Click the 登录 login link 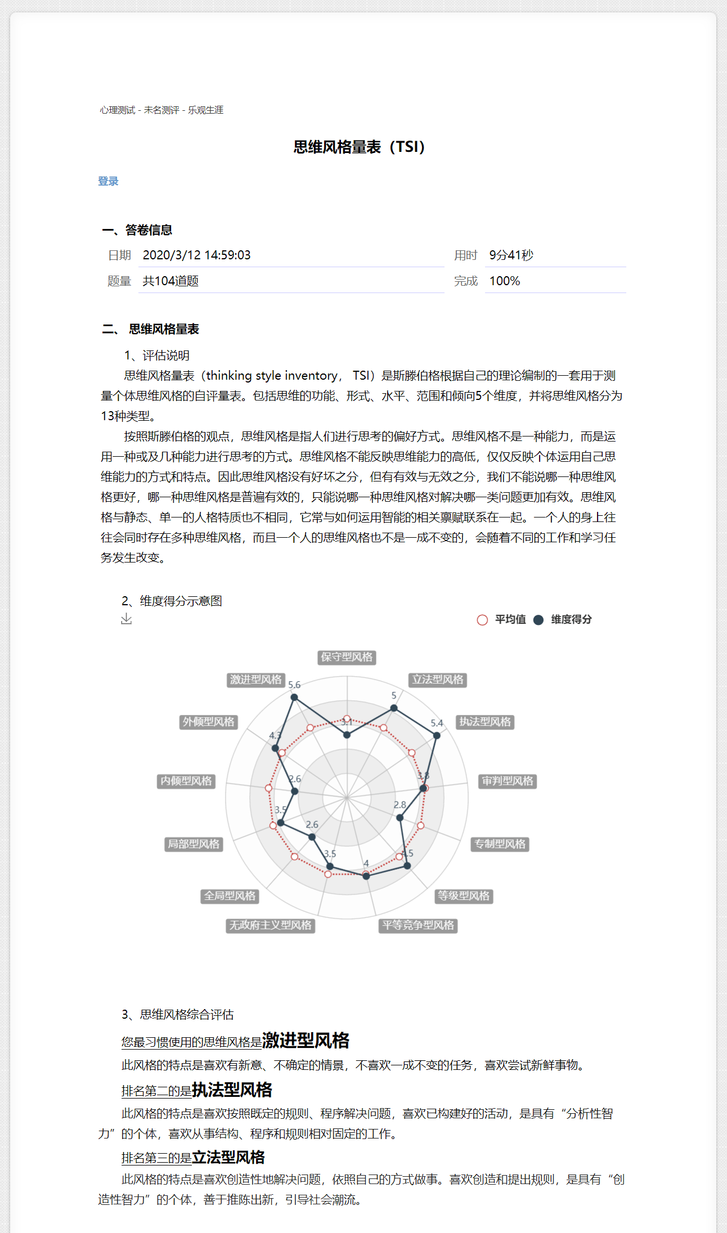click(x=108, y=181)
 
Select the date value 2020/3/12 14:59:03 click(x=196, y=255)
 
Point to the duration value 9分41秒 click(x=511, y=255)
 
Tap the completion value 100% click(x=504, y=281)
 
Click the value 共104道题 click(x=170, y=281)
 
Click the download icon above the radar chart click(x=127, y=619)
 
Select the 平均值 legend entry click(x=501, y=619)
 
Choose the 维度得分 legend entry click(x=563, y=619)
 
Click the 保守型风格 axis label click(x=347, y=657)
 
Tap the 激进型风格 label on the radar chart click(x=256, y=679)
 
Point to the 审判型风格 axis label click(x=508, y=781)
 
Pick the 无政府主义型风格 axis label click(x=270, y=925)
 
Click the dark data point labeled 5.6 click(x=294, y=697)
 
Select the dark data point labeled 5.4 click(x=437, y=735)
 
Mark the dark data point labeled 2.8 click(x=400, y=818)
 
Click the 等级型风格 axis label click(x=464, y=896)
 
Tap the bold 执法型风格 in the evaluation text click(x=232, y=1090)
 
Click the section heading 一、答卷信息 click(x=137, y=230)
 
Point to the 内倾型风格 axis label click(x=186, y=781)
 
